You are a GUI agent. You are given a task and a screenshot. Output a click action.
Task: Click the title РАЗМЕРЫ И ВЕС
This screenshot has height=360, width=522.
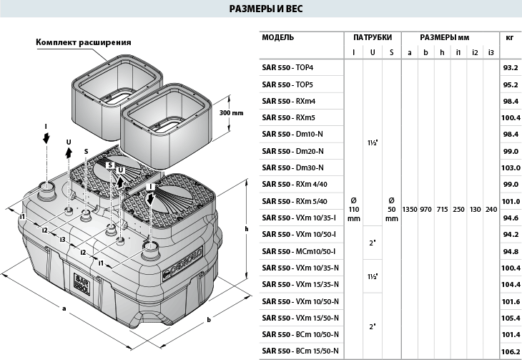point(260,11)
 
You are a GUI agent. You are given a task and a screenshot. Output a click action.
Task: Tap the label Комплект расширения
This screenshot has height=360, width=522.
point(84,42)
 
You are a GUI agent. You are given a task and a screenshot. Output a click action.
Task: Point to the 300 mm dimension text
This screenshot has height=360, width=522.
point(232,113)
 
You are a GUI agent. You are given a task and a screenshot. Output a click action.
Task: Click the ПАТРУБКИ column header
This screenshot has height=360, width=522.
point(373,37)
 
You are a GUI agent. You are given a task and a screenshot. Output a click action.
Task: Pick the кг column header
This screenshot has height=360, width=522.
point(509,37)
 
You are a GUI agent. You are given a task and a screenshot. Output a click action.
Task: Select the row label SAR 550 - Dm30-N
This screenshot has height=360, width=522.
point(292,167)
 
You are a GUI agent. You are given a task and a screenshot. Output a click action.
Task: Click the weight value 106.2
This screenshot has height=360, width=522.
point(509,351)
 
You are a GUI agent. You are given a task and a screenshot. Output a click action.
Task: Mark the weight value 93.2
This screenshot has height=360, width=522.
point(509,67)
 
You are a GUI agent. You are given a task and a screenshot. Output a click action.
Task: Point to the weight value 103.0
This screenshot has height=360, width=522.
point(509,167)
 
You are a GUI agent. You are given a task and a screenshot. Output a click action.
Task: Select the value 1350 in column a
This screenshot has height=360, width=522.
point(410,210)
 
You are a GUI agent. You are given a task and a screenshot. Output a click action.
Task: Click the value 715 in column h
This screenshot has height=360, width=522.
point(442,210)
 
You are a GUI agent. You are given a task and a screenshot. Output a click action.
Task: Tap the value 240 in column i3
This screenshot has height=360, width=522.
point(490,210)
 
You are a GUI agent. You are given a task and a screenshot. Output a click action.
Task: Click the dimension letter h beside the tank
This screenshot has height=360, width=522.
point(245,229)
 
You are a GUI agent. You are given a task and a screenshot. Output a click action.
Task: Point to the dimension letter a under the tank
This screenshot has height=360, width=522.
point(65,308)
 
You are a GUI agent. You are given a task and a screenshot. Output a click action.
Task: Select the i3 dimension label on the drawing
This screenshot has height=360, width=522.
point(64,239)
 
